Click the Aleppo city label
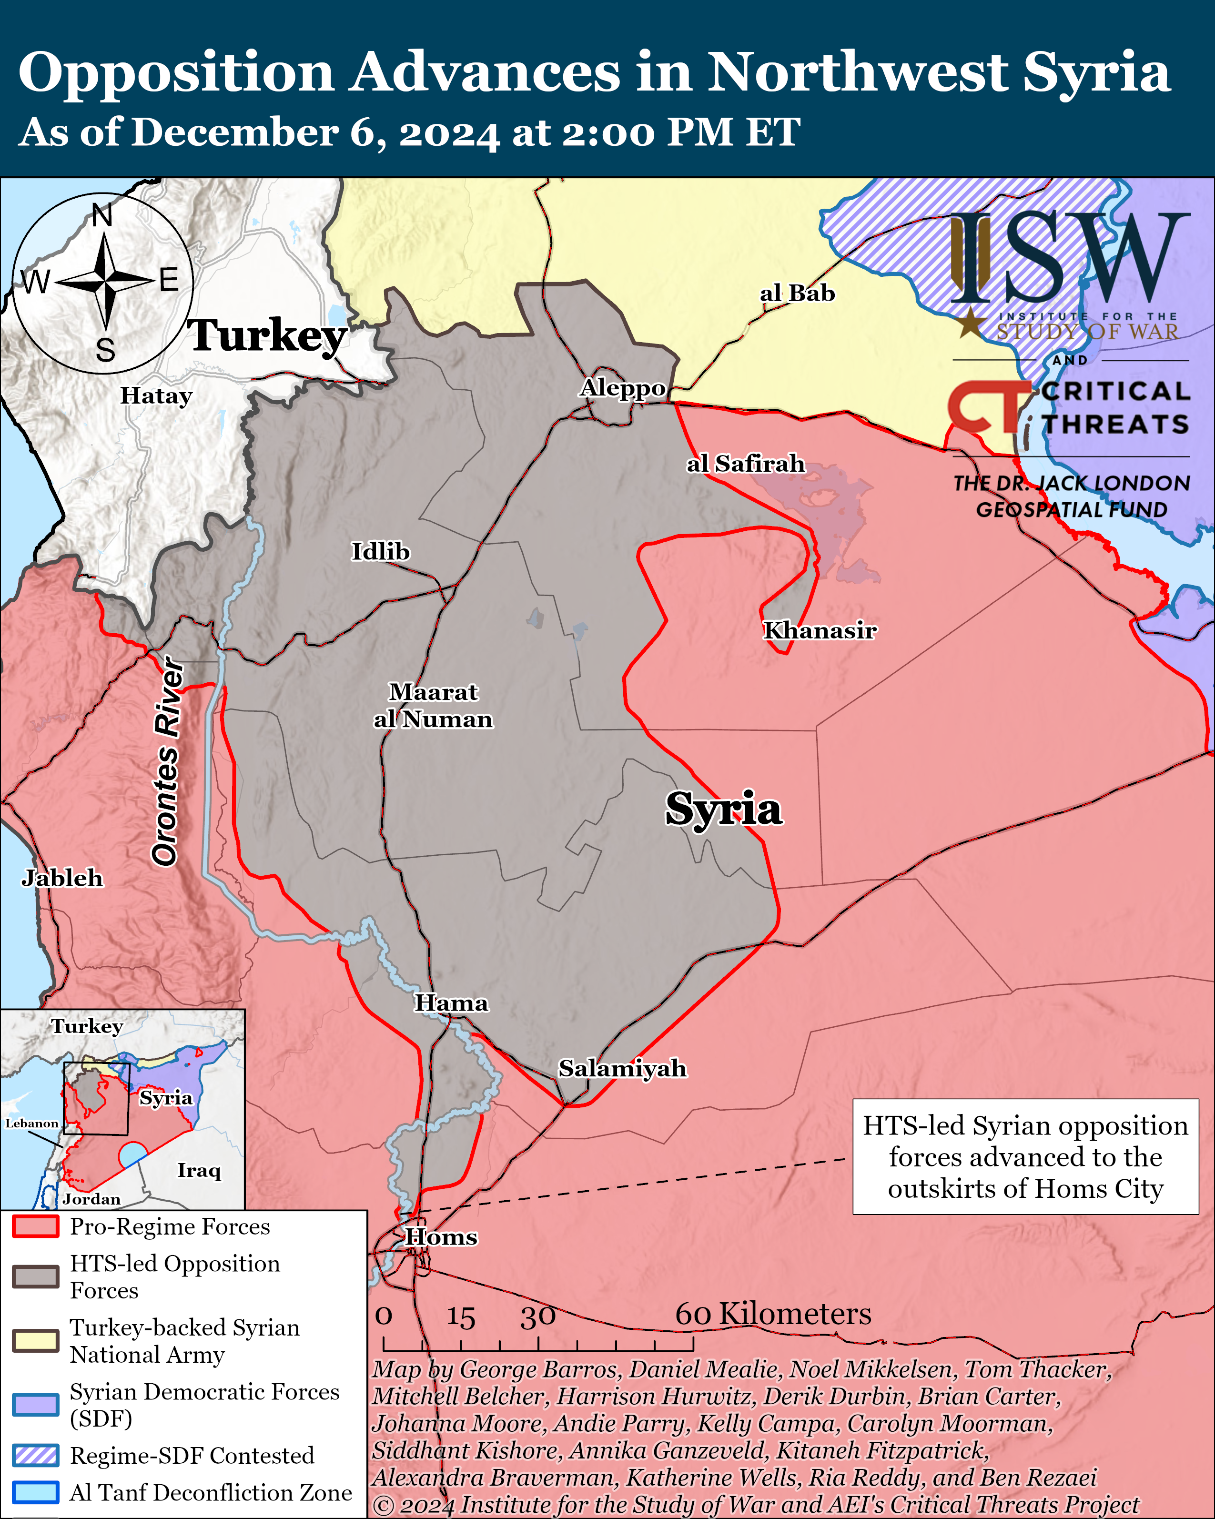tap(623, 388)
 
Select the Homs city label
tap(441, 1236)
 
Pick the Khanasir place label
tap(820, 630)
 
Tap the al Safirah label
tap(746, 464)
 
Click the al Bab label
tap(797, 293)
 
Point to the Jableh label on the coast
tap(62, 878)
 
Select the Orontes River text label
tap(168, 761)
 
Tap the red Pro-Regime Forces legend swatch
tap(35, 1226)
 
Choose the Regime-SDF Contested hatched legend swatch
tap(35, 1455)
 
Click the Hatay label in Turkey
tap(156, 396)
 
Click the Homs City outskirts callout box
tap(1025, 1157)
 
